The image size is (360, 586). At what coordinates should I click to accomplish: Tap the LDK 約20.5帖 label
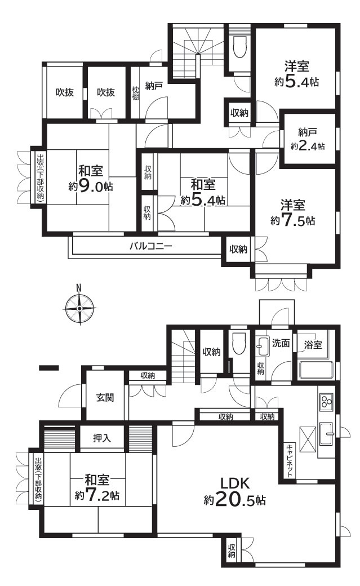[235, 491]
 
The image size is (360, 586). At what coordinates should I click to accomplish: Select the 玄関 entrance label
[105, 397]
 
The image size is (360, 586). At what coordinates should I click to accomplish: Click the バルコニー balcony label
[150, 246]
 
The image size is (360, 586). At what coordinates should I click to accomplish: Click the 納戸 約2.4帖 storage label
[308, 139]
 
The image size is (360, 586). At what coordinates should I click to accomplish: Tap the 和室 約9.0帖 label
[91, 178]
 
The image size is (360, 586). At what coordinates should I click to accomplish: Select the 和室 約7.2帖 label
[97, 488]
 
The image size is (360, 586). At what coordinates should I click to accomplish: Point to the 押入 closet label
[102, 437]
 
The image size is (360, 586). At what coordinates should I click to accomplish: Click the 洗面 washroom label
[281, 343]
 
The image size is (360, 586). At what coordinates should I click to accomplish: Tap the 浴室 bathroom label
[314, 344]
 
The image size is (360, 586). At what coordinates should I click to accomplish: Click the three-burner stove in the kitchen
[327, 402]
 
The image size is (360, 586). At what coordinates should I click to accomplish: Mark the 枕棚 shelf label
[136, 93]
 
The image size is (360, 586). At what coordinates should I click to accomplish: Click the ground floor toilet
[239, 343]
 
